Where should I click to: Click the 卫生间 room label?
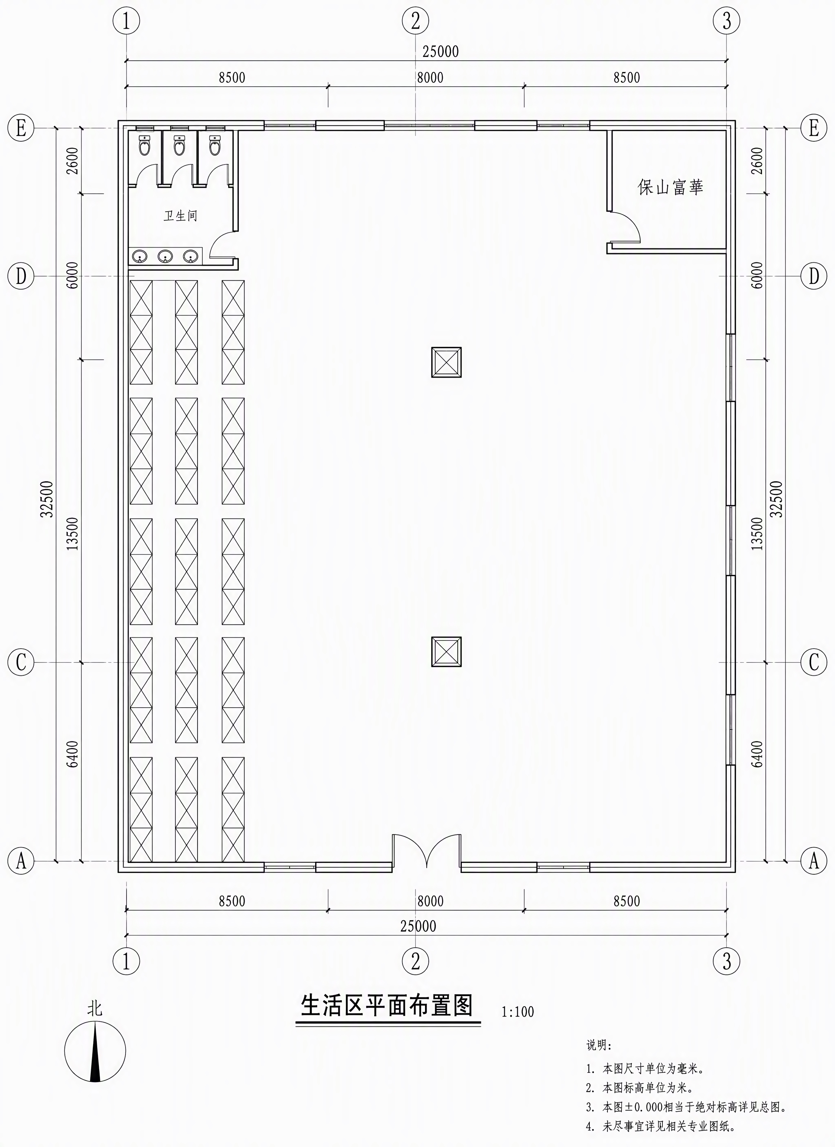point(180,216)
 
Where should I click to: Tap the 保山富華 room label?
point(670,187)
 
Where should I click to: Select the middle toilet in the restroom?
point(179,145)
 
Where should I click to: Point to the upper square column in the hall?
point(446,362)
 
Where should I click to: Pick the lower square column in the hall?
point(446,651)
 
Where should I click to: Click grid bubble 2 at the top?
point(415,21)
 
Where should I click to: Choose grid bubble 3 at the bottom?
point(727,960)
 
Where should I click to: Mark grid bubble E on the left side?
point(21,128)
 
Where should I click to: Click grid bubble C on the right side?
point(814,662)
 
